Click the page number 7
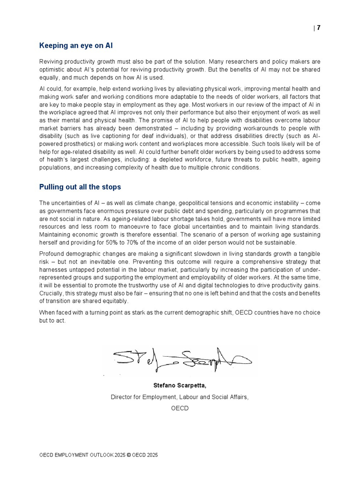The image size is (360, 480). tap(318, 28)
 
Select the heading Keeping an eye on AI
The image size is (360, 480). tap(76, 46)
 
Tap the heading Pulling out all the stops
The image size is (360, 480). tap(80, 187)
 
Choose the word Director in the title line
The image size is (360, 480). tap(122, 397)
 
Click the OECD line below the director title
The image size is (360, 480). tap(179, 409)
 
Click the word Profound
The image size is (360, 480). tap(52, 254)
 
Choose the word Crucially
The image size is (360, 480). tap(53, 293)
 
